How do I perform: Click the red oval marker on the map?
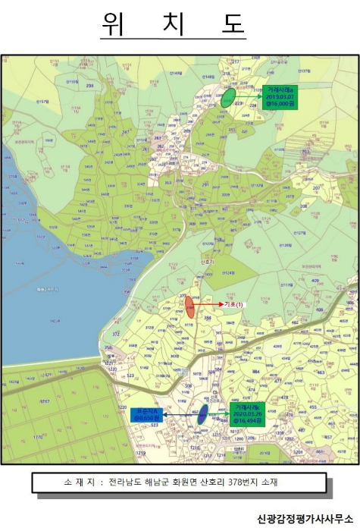tap(189, 307)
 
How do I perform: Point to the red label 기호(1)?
tap(235, 304)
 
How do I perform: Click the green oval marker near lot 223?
tap(226, 97)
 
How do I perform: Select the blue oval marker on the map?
tap(202, 414)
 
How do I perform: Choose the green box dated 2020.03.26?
tap(249, 414)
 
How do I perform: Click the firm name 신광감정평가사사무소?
tap(305, 517)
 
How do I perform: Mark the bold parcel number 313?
tap(167, 183)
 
